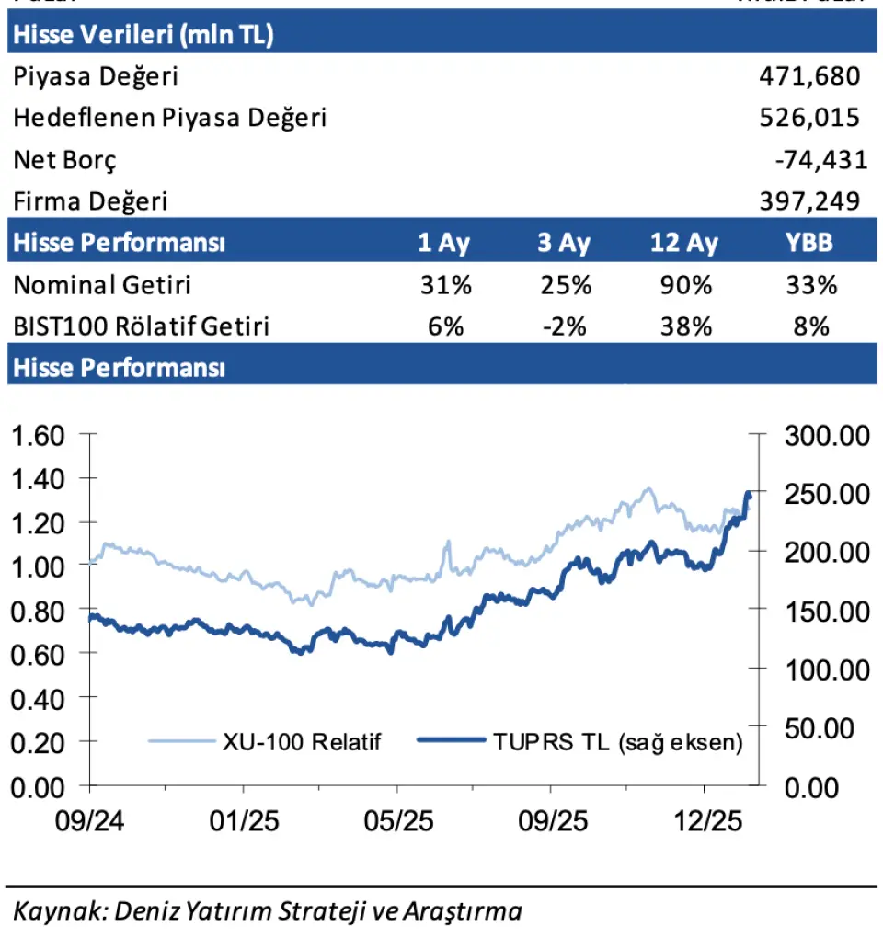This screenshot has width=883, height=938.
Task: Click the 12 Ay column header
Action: coord(683,244)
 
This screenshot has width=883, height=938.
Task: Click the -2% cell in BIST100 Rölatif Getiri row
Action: coord(565,326)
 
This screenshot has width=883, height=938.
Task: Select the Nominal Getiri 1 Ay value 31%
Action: coord(445,285)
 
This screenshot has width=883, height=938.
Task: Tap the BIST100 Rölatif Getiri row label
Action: coord(141,326)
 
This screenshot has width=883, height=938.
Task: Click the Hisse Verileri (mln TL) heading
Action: coord(143,35)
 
